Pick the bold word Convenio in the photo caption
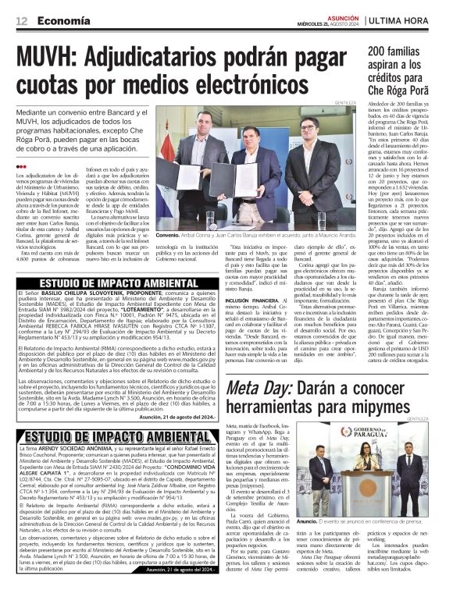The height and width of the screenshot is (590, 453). pyautogui.click(x=169, y=234)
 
